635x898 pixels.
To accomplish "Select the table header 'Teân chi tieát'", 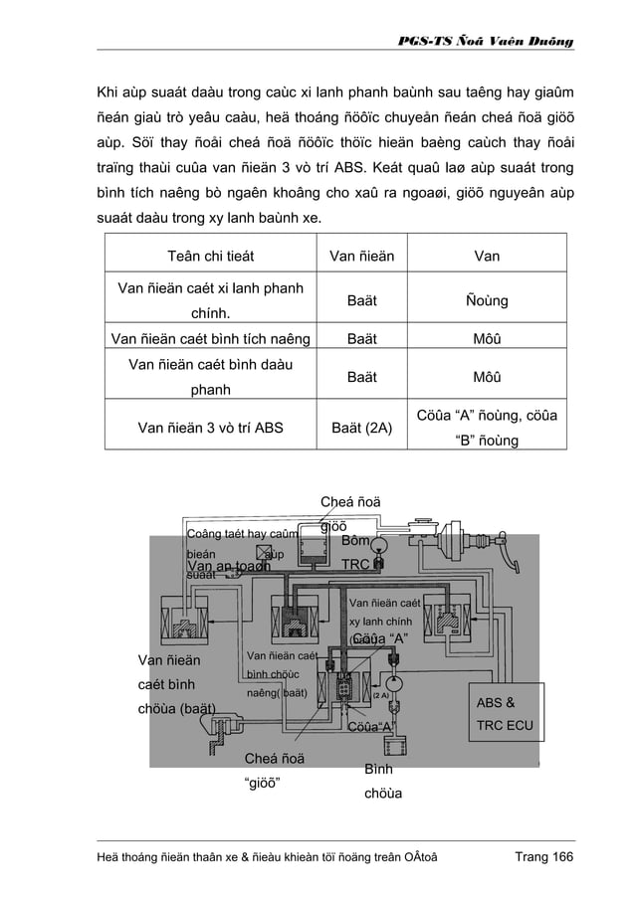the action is tap(209, 257).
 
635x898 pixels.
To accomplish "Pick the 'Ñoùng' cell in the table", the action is tap(487, 298).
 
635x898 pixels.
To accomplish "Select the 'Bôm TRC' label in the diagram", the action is tap(356, 553).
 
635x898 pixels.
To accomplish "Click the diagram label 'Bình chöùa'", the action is tap(377, 783).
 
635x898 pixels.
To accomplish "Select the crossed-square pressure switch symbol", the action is tap(264, 553).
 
